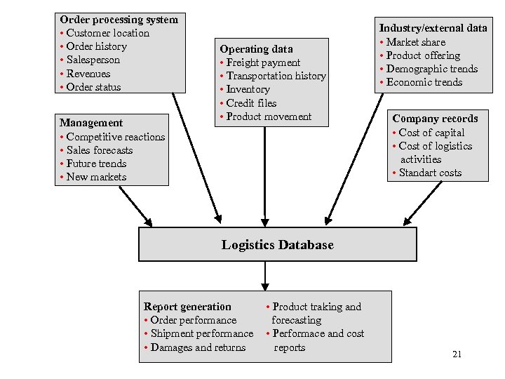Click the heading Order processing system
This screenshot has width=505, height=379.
click(x=119, y=20)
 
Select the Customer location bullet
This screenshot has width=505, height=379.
click(x=107, y=33)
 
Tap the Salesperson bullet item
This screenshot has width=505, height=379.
click(x=93, y=60)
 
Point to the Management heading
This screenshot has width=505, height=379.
click(x=91, y=123)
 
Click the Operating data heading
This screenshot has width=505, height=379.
click(x=256, y=49)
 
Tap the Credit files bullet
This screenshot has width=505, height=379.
click(x=251, y=103)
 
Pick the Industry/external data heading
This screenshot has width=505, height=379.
click(x=433, y=28)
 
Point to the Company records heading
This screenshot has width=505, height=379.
click(x=435, y=119)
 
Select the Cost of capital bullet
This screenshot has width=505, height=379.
click(x=431, y=133)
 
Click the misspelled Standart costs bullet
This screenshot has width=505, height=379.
click(x=430, y=173)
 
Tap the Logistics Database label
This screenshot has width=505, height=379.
click(x=278, y=245)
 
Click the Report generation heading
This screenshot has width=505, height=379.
click(x=187, y=307)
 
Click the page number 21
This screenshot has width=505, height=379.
click(x=457, y=354)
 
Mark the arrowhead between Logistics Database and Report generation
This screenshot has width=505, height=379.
click(x=265, y=286)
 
